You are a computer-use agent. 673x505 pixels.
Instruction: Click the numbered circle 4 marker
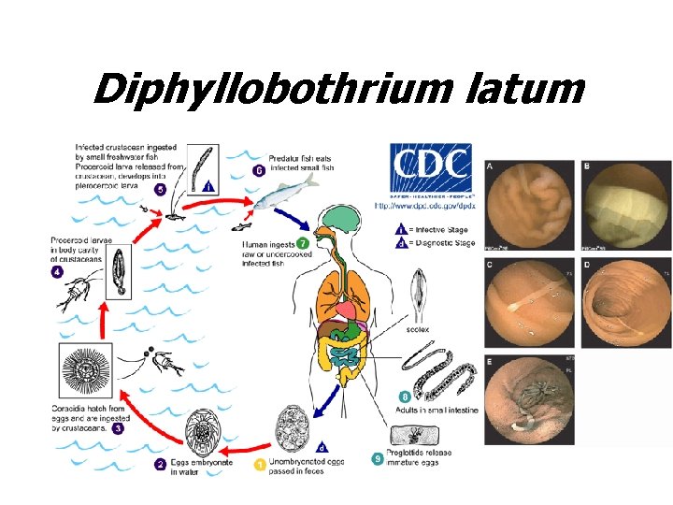[x=57, y=272]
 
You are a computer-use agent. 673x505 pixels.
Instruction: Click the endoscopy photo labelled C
[x=525, y=300]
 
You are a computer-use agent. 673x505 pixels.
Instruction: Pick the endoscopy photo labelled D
[x=624, y=300]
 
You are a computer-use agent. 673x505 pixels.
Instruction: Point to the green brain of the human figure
[x=337, y=217]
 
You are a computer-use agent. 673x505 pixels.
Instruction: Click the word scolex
[x=418, y=330]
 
